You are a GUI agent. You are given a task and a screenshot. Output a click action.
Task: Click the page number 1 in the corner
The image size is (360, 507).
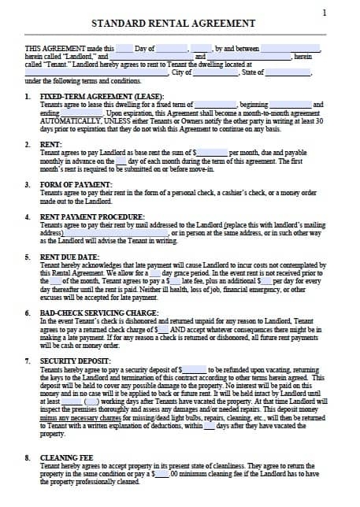click(x=325, y=13)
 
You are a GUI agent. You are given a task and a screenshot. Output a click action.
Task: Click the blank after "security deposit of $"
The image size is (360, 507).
click(x=195, y=368)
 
